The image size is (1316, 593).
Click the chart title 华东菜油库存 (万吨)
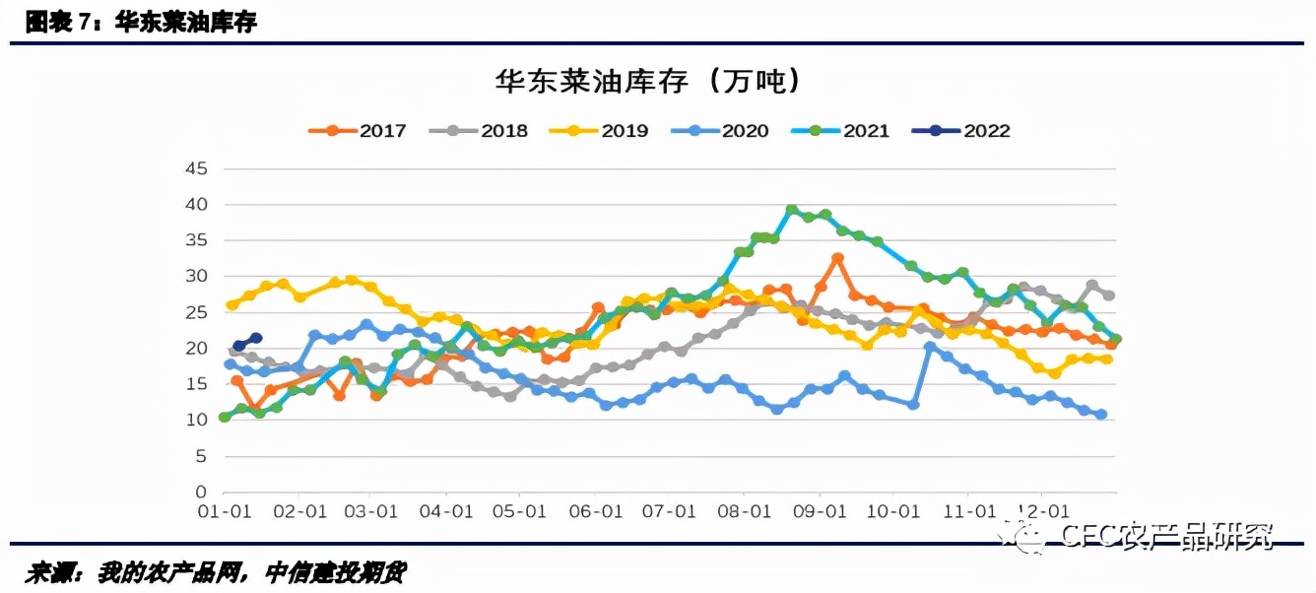[648, 81]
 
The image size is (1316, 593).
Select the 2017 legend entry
[357, 130]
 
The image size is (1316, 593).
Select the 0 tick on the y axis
[201, 493]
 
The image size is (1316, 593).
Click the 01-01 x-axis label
[225, 512]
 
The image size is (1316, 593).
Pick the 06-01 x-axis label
[596, 512]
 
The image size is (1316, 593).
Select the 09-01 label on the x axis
[820, 512]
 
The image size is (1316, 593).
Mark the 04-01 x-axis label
[447, 512]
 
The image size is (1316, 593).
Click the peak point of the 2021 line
[791, 210]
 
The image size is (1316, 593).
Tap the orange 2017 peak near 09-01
[837, 258]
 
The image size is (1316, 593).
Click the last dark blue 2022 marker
[256, 338]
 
